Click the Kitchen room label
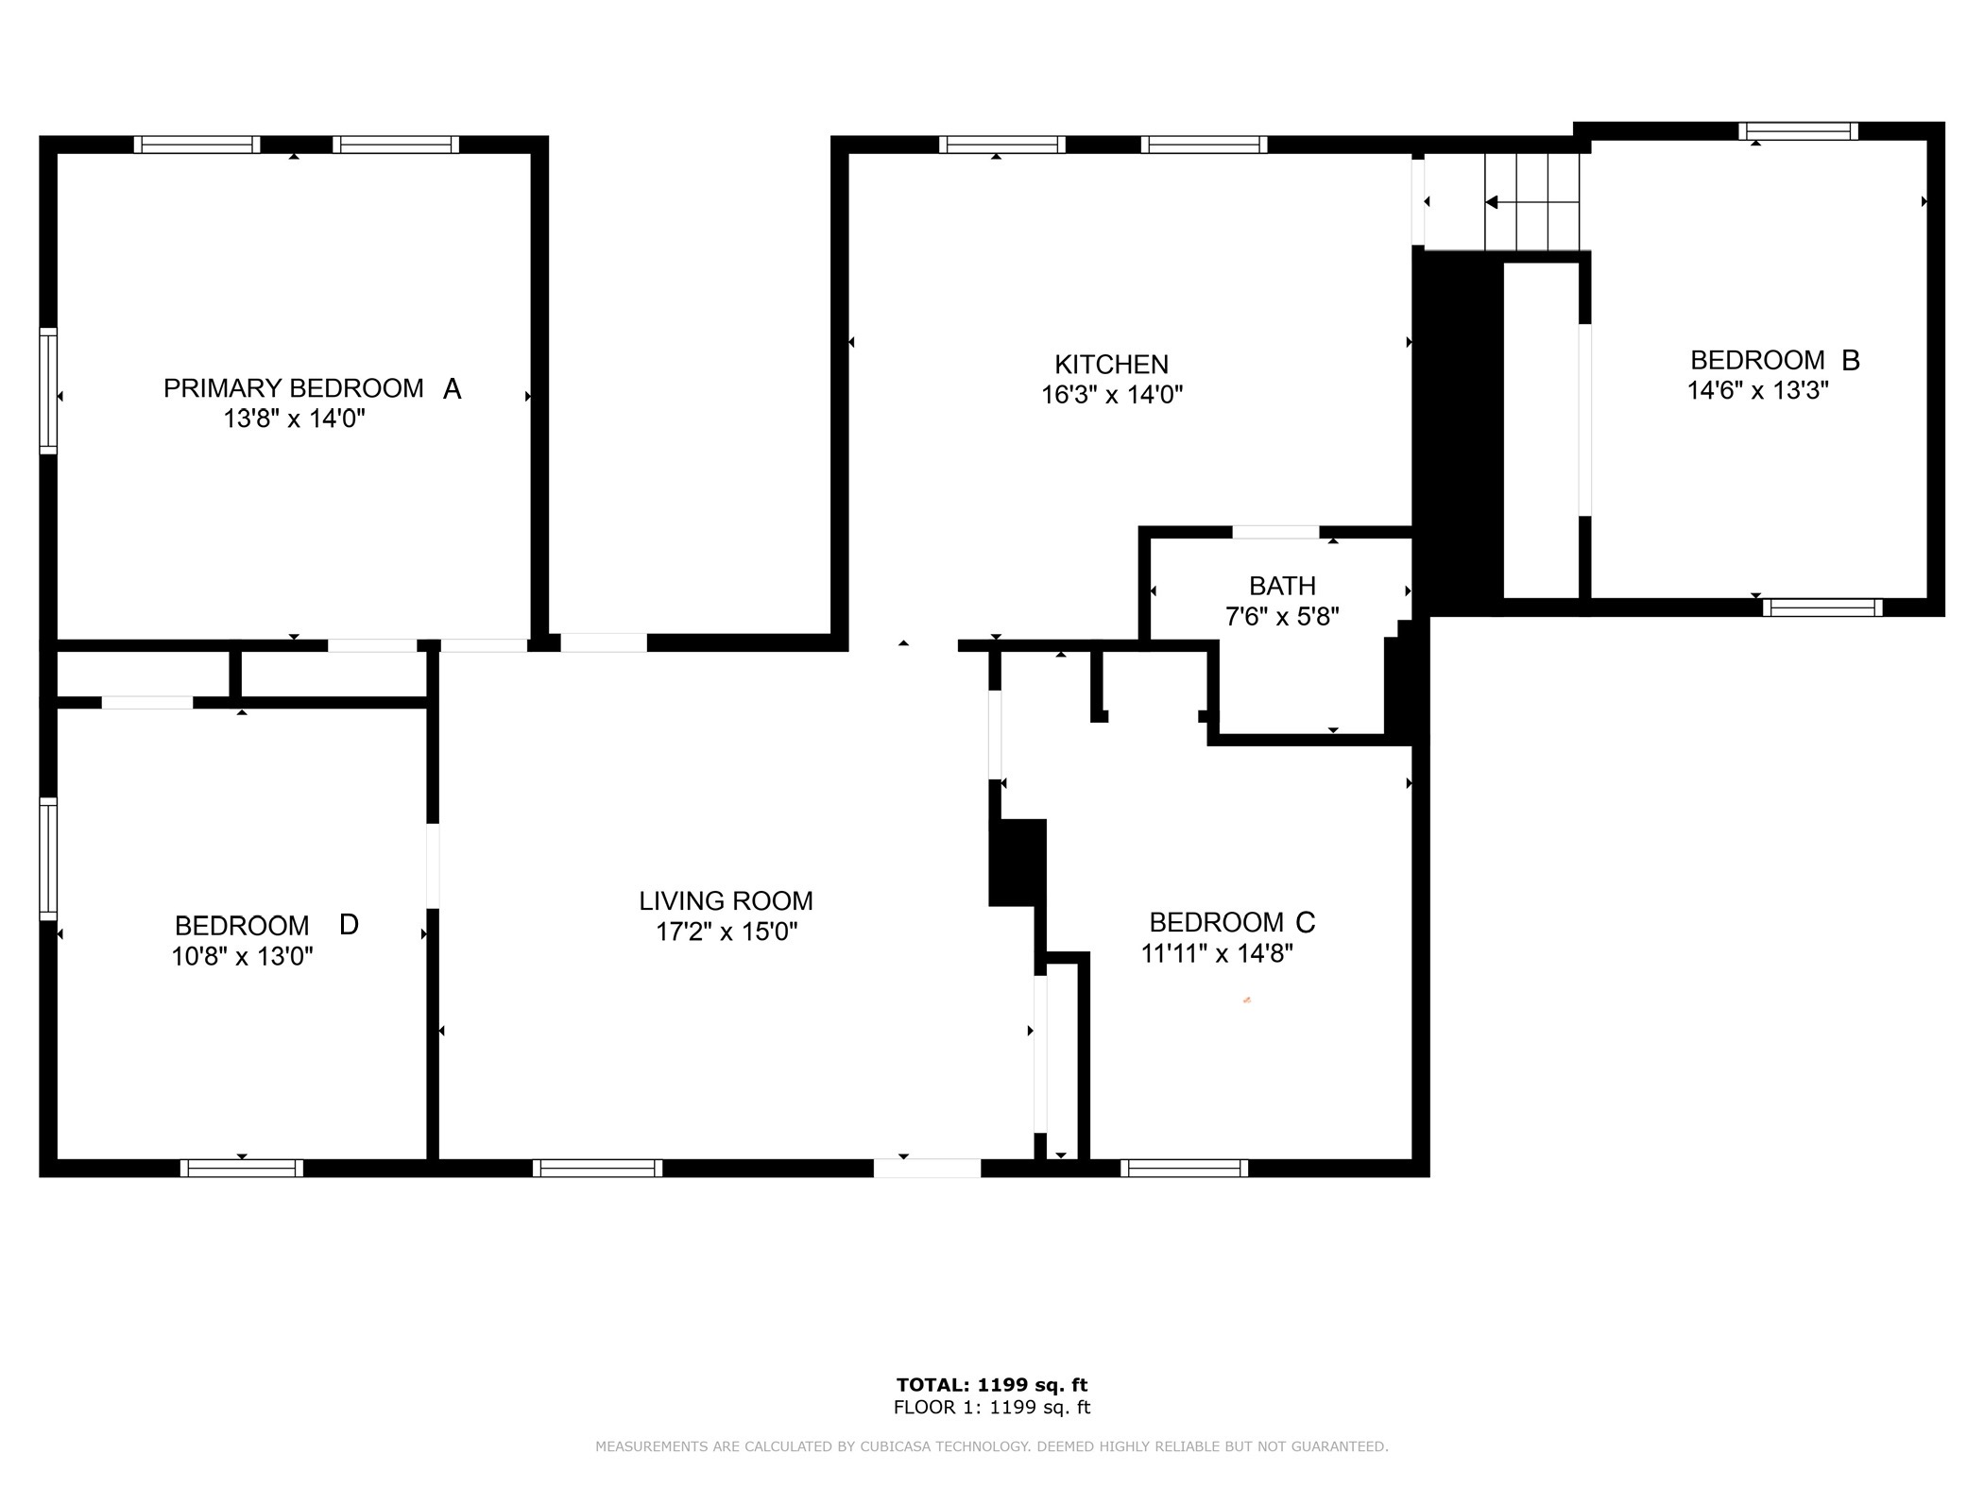[x=1111, y=365]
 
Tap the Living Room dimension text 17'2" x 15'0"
[x=727, y=932]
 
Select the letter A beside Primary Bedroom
[x=452, y=388]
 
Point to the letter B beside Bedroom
[x=1850, y=360]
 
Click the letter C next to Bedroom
[x=1305, y=921]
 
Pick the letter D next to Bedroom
[x=349, y=924]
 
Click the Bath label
[x=1282, y=587]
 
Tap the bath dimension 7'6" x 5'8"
[x=1282, y=617]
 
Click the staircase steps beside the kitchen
[x=1532, y=202]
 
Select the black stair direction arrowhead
[x=1492, y=202]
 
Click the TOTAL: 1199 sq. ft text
[x=992, y=1385]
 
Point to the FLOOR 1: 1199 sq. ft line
[x=992, y=1408]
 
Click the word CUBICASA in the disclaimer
[x=897, y=1446]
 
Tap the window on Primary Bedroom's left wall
[x=48, y=390]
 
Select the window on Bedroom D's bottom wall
[x=242, y=1168]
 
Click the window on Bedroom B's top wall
[x=1799, y=131]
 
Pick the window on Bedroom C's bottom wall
[x=1185, y=1168]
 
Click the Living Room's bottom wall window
[x=598, y=1168]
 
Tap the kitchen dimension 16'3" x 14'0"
[x=1112, y=395]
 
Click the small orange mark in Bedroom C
[x=1247, y=1000]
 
